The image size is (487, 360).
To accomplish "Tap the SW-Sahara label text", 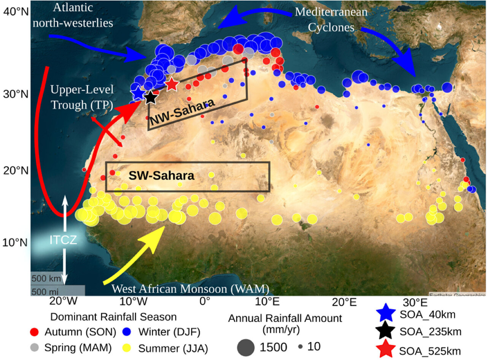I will point(161,176).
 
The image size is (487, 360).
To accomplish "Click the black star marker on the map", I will point(151,97).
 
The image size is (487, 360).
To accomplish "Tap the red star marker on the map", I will point(172,84).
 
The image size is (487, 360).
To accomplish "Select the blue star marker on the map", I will point(137,92).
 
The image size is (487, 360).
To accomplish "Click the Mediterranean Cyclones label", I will point(331,19).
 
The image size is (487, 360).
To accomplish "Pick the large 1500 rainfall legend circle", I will point(245,347).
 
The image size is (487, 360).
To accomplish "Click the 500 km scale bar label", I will point(46,279).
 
